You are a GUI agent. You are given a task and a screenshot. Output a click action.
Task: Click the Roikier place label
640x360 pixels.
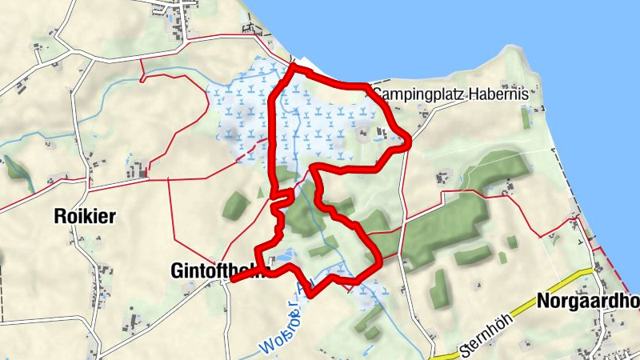pos(84,215)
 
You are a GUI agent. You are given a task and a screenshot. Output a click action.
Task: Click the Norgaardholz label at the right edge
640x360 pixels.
pos(589,302)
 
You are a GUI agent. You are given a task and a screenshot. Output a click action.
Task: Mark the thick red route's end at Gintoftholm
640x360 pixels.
pos(233,279)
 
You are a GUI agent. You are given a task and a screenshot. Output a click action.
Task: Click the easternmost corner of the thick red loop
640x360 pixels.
pos(409,141)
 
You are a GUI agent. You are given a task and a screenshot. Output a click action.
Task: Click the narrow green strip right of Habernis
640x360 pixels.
pos(525,117)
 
